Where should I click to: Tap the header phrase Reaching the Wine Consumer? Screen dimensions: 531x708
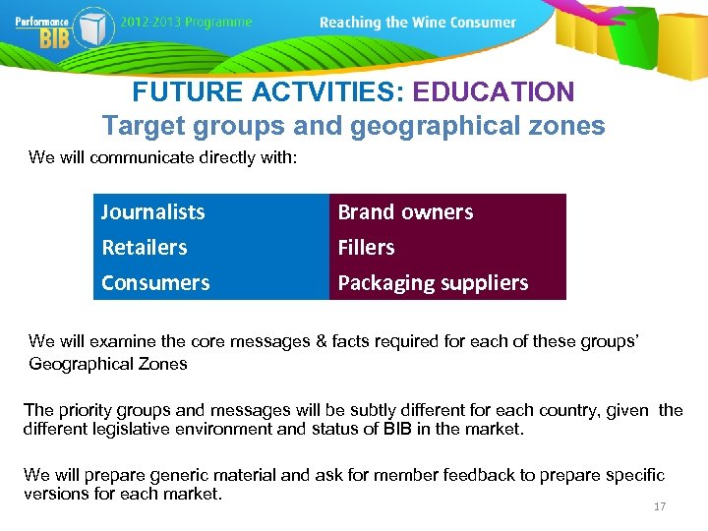coord(418,23)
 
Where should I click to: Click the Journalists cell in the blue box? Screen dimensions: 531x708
coord(153,211)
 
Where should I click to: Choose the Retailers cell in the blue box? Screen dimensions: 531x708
coord(145,247)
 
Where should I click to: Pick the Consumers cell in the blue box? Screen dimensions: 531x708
coord(155,282)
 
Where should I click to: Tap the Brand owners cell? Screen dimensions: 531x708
coord(405,211)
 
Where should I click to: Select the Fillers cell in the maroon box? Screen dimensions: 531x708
coord(366,247)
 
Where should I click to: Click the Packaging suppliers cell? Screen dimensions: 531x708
coord(433,282)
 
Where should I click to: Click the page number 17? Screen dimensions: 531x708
coord(660,506)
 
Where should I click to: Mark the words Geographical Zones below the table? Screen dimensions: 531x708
coord(108,363)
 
